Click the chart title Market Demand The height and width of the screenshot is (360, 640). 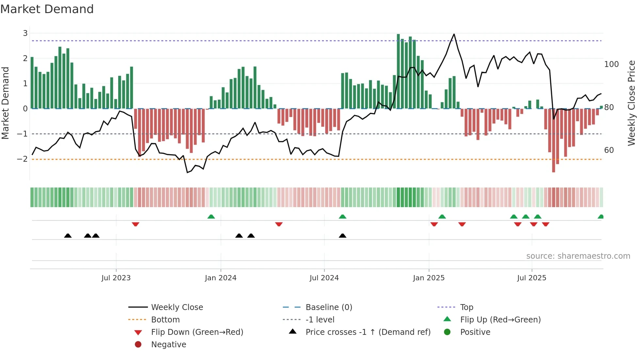[x=47, y=9]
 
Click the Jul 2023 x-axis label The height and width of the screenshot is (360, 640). [x=116, y=278]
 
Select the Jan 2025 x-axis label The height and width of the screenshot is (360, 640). [x=429, y=278]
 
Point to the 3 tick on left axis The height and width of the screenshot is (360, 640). [x=25, y=33]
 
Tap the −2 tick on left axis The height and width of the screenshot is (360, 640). [x=23, y=159]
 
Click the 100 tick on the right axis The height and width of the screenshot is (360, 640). [x=611, y=64]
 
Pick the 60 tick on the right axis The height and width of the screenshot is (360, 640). [x=609, y=150]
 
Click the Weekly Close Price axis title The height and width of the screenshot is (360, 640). [x=632, y=103]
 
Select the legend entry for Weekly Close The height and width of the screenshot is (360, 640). [x=177, y=307]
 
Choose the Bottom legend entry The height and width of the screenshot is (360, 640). [x=165, y=320]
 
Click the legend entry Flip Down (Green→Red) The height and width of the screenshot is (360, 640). [x=197, y=332]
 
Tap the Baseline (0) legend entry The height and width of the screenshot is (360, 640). [x=329, y=307]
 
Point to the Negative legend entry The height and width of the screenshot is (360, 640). [x=168, y=345]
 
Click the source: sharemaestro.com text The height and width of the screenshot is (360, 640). [x=578, y=256]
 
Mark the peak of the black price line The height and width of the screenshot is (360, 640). [x=454, y=34]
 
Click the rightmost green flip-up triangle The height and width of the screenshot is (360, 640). [x=600, y=217]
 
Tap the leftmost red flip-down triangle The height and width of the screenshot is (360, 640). [x=136, y=224]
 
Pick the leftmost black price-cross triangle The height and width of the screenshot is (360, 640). [x=68, y=236]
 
